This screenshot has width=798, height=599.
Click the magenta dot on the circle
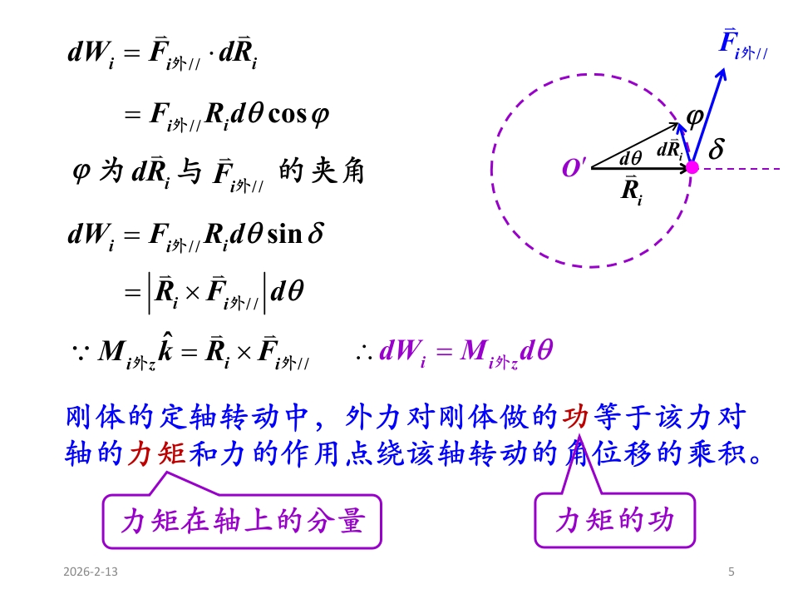(692, 167)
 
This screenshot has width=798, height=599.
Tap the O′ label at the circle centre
(574, 168)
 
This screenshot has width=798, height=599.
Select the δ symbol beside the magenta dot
(716, 151)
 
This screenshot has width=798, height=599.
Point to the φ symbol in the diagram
(695, 117)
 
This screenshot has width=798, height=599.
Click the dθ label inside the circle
(630, 157)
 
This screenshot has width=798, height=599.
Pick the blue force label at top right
(742, 44)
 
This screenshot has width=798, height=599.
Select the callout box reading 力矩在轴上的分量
(242, 522)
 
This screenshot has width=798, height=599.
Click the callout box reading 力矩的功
(614, 522)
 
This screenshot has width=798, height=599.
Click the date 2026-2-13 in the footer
(90, 572)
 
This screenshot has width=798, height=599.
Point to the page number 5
(731, 572)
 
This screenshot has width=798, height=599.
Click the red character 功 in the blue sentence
(575, 417)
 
